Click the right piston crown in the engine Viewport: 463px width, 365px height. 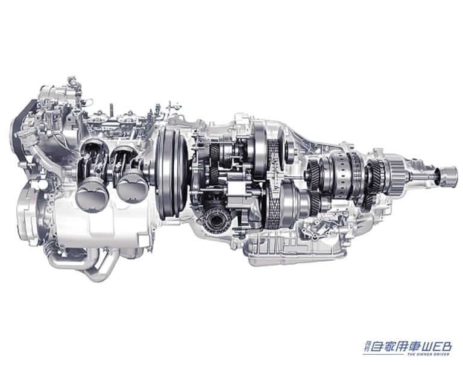(132, 186)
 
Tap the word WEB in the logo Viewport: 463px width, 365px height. (436, 346)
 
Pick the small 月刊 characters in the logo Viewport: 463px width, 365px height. (366, 346)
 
